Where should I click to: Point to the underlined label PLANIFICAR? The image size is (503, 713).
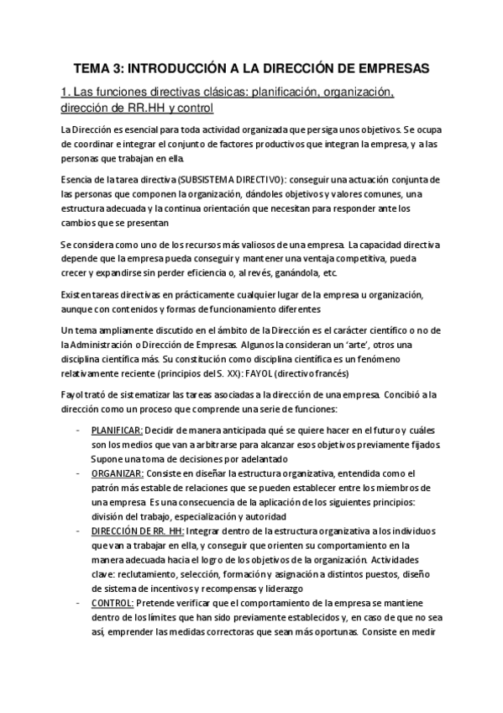[x=117, y=430]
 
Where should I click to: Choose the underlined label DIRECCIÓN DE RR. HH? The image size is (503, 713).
[x=134, y=531]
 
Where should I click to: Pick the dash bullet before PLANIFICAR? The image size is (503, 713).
[x=78, y=430]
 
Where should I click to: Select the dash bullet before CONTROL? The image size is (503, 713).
[x=78, y=603]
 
